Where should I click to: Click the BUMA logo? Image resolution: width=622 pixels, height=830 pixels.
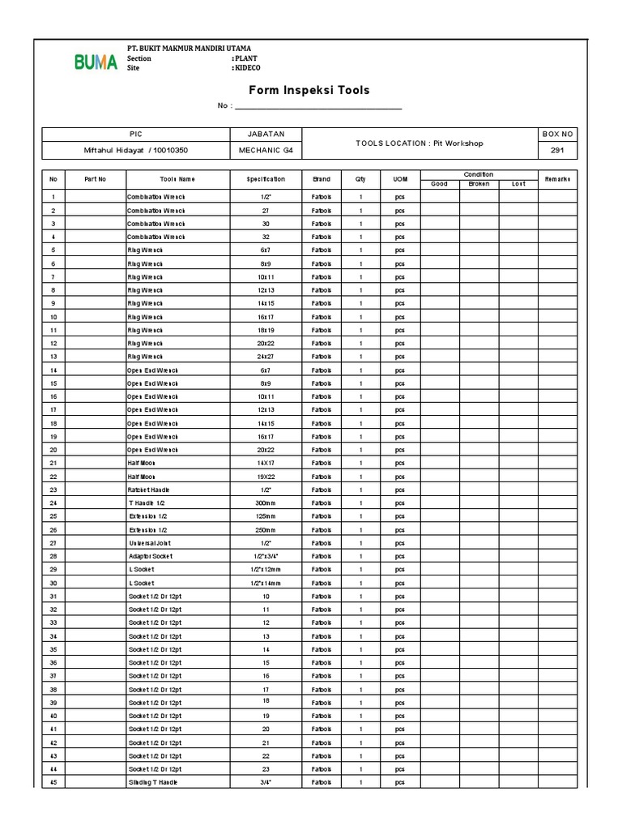[96, 62]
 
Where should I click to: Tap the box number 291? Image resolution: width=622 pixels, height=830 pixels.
[558, 151]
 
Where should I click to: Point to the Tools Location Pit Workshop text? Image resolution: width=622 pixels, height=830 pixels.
[419, 143]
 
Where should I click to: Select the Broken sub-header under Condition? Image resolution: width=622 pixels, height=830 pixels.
[479, 184]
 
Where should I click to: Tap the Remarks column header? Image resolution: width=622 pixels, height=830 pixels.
[558, 178]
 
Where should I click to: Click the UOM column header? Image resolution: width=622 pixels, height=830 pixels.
[400, 178]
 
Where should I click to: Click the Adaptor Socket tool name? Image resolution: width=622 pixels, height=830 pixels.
[150, 556]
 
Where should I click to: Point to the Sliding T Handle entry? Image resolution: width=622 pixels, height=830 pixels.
[152, 782]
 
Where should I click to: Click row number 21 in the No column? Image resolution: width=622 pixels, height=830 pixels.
[53, 463]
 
